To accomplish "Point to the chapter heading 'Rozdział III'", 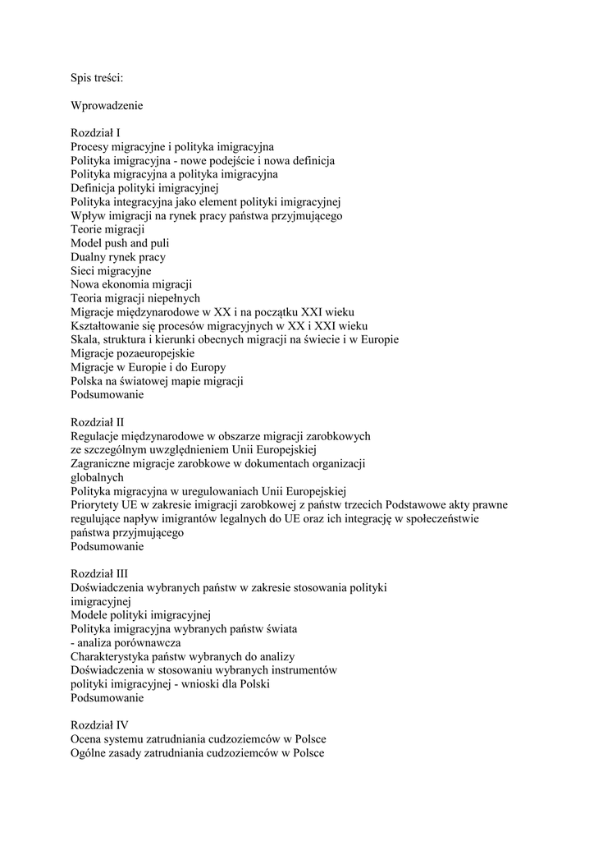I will click(98, 573).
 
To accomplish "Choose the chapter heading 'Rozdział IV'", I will click(99, 725).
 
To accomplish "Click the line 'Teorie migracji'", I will click(107, 229).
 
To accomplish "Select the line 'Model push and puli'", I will click(120, 243).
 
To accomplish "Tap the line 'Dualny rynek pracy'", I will click(118, 257).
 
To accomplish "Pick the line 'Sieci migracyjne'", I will click(111, 270).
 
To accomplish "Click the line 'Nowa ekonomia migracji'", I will click(130, 284).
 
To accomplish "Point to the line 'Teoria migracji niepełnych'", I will click(135, 298).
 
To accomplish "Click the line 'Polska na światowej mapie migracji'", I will click(157, 381).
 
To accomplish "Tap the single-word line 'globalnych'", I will click(97, 476).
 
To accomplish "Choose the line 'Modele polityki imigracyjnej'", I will click(141, 615).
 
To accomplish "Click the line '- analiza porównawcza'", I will click(126, 642).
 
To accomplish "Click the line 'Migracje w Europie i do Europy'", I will click(148, 367).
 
